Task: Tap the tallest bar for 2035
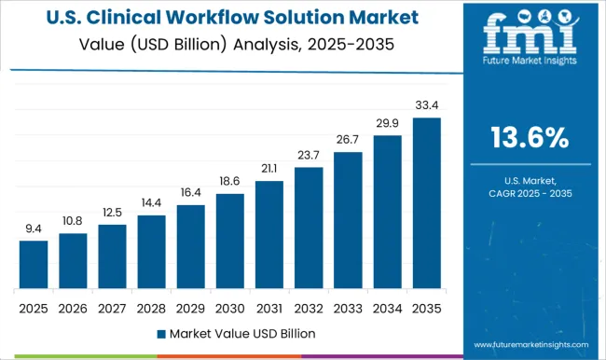pyautogui.click(x=426, y=203)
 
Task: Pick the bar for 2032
pyautogui.click(x=309, y=228)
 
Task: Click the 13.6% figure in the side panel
pyautogui.click(x=530, y=138)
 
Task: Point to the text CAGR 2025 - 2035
pyautogui.click(x=530, y=192)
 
